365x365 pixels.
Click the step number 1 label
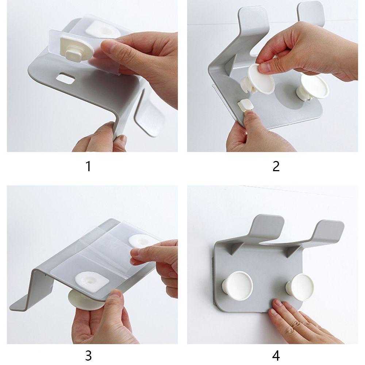click(x=88, y=166)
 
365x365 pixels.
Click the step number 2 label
click(x=276, y=166)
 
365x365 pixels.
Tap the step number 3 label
click(x=88, y=356)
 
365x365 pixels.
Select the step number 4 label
click(x=276, y=356)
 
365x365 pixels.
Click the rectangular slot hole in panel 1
click(x=66, y=78)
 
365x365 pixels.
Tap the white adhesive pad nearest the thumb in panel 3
click(x=92, y=280)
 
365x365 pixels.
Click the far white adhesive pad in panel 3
click(x=140, y=241)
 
